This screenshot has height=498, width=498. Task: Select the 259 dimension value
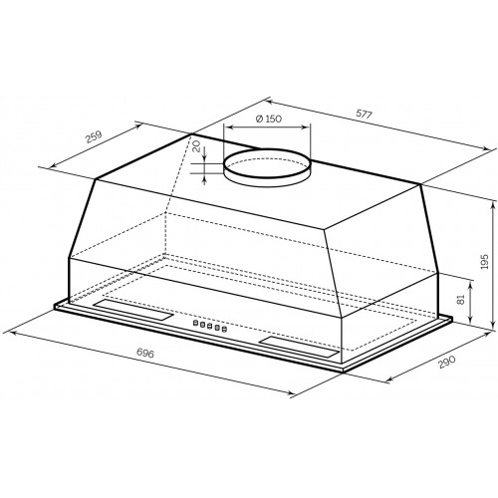(x=95, y=136)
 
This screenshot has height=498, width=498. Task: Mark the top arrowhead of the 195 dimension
(x=493, y=199)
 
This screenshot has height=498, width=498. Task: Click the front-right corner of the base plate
(x=343, y=372)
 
